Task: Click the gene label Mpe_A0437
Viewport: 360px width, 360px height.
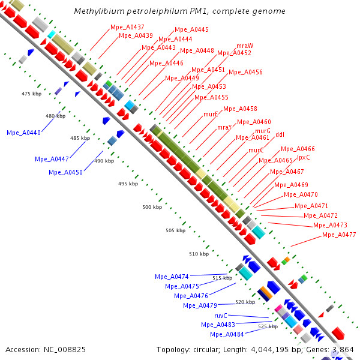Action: pyautogui.click(x=127, y=28)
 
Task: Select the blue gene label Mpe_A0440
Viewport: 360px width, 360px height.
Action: pyautogui.click(x=23, y=133)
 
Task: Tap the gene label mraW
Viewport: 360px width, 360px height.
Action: pyautogui.click(x=245, y=46)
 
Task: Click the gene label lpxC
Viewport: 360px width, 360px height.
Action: pyautogui.click(x=304, y=157)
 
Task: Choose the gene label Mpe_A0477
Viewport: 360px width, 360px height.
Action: pyautogui.click(x=339, y=235)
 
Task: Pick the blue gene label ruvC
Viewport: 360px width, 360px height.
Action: pyautogui.click(x=221, y=315)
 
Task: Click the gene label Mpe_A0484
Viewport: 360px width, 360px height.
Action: pyautogui.click(x=227, y=334)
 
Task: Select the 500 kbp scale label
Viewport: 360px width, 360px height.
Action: pyautogui.click(x=152, y=207)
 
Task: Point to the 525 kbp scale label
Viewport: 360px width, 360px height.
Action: pyautogui.click(x=268, y=326)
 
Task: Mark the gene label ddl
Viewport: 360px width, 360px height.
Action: pyautogui.click(x=280, y=135)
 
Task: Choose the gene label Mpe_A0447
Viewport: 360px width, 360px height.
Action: pyautogui.click(x=52, y=159)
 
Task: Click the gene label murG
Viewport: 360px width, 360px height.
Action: pyautogui.click(x=263, y=131)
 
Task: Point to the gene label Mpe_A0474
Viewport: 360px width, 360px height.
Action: pyautogui.click(x=172, y=277)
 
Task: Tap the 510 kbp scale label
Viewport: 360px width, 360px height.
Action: pyautogui.click(x=199, y=254)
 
